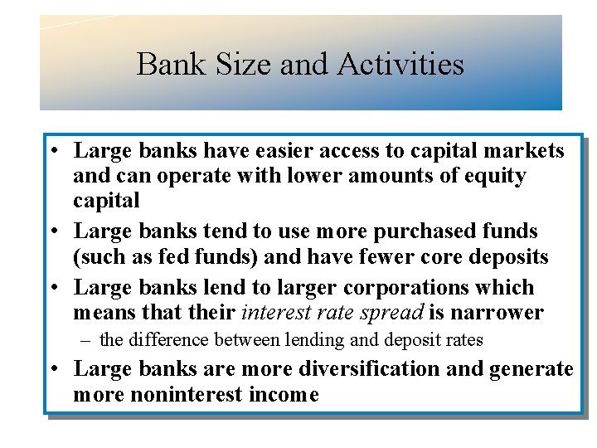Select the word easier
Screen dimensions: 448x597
pyautogui.click(x=279, y=151)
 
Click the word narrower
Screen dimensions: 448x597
pyautogui.click(x=497, y=313)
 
